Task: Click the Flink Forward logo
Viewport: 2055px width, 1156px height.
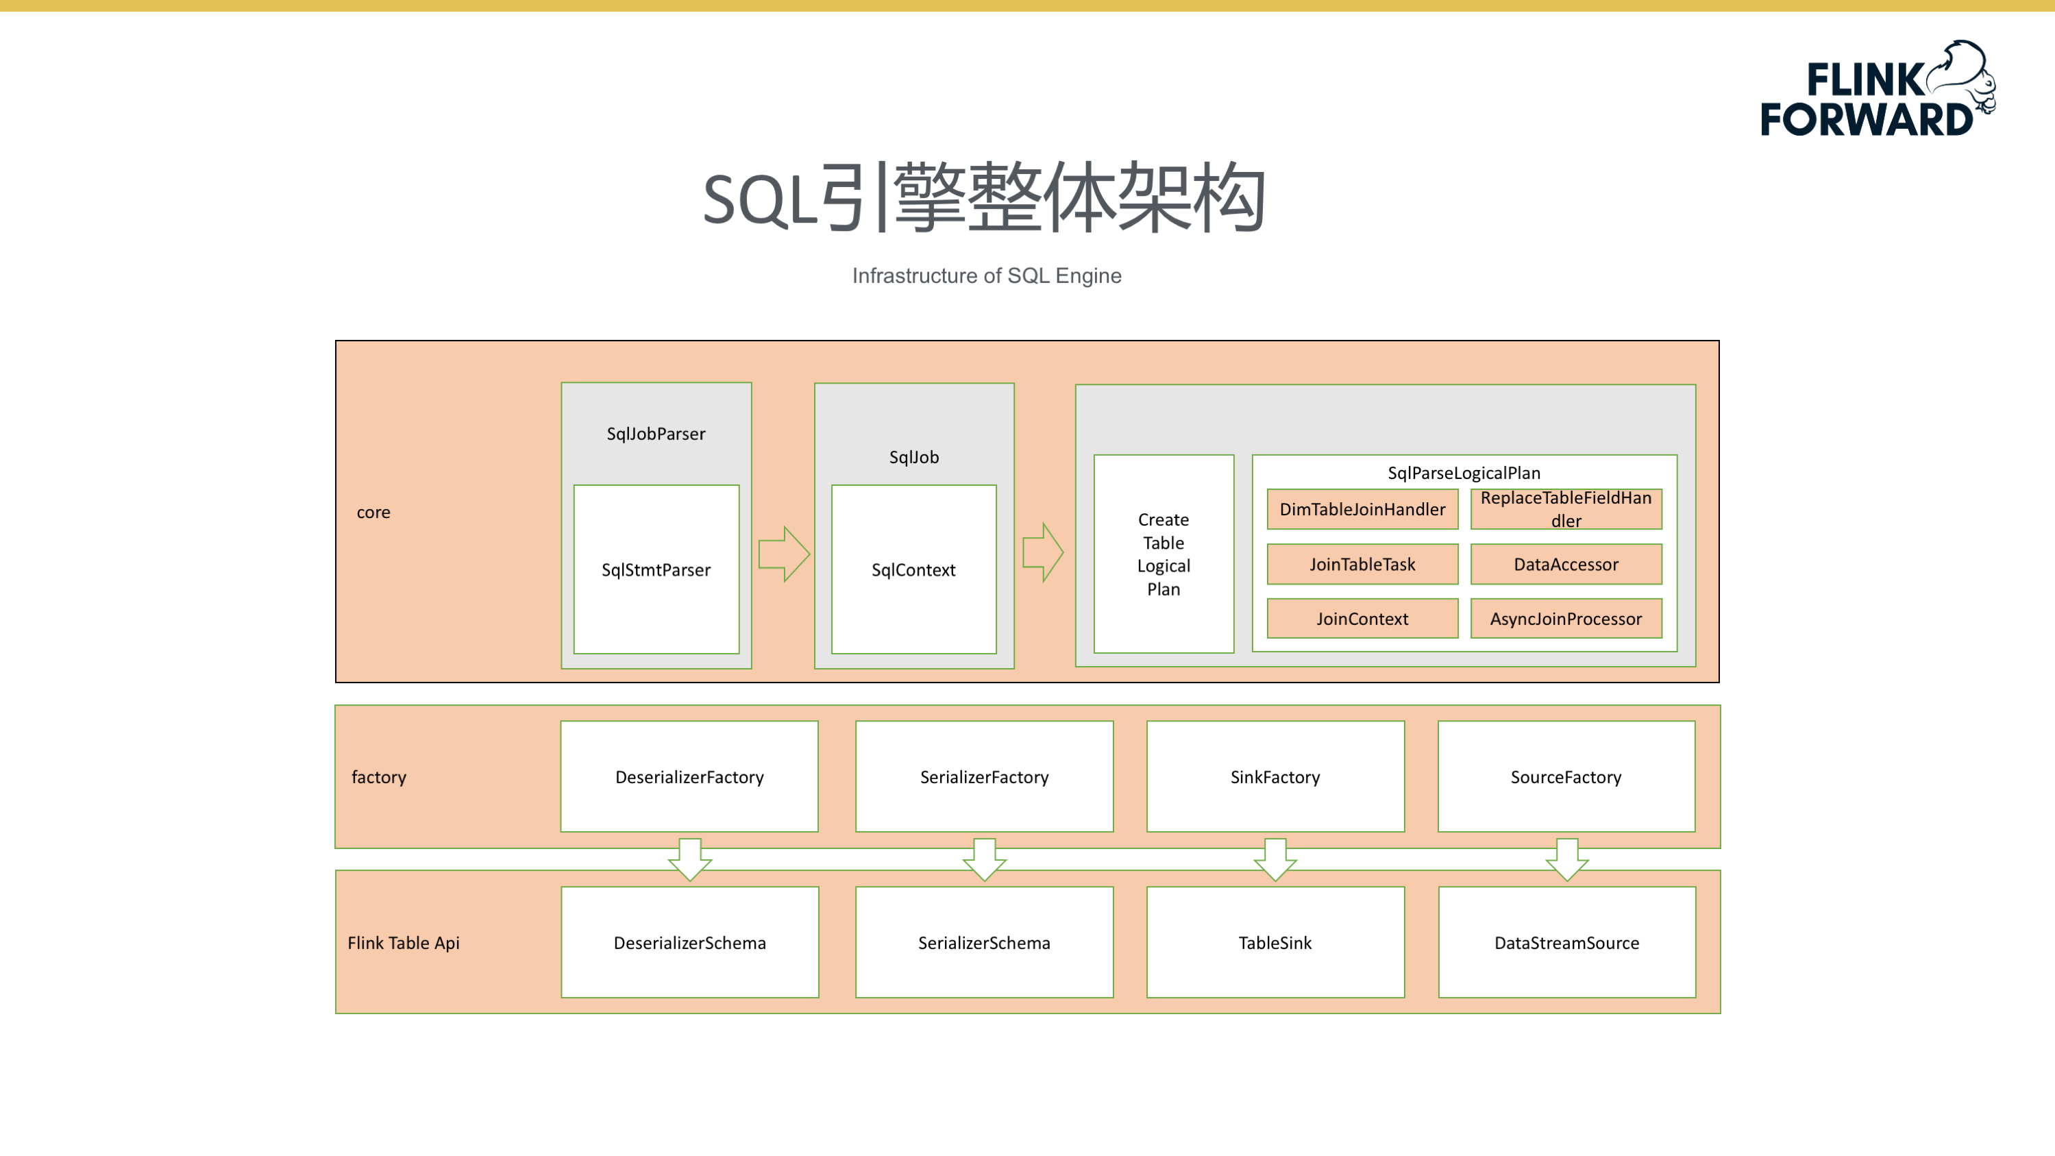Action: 1877,88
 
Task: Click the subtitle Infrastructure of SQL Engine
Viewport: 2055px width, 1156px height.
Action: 987,276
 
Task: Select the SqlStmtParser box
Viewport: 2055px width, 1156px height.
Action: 656,569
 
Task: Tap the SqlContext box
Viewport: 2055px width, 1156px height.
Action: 913,569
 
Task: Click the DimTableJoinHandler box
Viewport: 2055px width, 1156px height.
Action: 1362,509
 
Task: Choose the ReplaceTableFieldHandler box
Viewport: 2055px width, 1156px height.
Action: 1566,509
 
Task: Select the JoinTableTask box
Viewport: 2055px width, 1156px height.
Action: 1362,564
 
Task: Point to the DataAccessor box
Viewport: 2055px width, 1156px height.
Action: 1566,564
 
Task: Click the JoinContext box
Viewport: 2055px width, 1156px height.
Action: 1362,618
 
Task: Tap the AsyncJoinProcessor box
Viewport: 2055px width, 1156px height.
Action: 1566,618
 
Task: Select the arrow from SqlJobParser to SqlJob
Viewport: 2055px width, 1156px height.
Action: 784,554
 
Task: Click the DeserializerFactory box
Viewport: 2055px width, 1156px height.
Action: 689,776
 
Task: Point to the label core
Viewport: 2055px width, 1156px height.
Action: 373,512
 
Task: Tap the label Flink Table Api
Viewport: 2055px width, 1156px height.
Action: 404,943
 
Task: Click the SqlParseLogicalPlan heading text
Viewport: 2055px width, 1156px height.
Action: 1464,473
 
